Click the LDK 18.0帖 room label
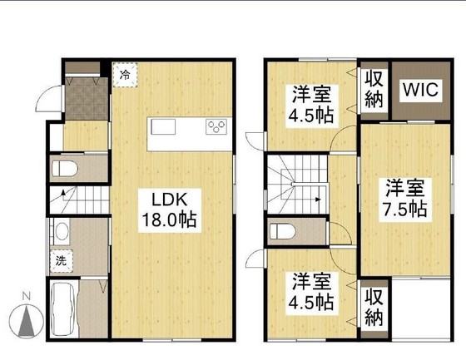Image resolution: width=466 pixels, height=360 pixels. pyautogui.click(x=170, y=210)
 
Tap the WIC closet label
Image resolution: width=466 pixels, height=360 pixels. pyautogui.click(x=420, y=90)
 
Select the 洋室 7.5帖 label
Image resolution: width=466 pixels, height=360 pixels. pyautogui.click(x=404, y=199)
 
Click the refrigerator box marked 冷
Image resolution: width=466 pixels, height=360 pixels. pyautogui.click(x=125, y=75)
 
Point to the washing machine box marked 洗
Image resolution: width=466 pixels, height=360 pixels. pyautogui.click(x=62, y=261)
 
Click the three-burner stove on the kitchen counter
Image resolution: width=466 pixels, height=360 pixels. pyautogui.click(x=216, y=126)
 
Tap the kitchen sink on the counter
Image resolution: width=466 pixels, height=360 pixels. pyautogui.click(x=163, y=127)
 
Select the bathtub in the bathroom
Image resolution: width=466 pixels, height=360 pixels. pyautogui.click(x=64, y=309)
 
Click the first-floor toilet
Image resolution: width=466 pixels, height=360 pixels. pyautogui.click(x=65, y=169)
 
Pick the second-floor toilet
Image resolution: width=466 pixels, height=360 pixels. pyautogui.click(x=282, y=231)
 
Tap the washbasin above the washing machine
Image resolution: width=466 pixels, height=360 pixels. pyautogui.click(x=62, y=231)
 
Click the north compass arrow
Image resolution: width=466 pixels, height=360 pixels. pyautogui.click(x=27, y=322)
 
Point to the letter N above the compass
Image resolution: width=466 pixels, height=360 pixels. pyautogui.click(x=27, y=296)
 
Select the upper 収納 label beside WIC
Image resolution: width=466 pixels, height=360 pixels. pyautogui.click(x=374, y=90)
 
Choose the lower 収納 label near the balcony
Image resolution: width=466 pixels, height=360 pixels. pyautogui.click(x=374, y=307)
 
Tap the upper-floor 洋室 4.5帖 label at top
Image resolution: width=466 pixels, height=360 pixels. pyautogui.click(x=311, y=105)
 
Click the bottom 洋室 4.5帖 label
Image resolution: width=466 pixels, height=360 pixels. pyautogui.click(x=311, y=293)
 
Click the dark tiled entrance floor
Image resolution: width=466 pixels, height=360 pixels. pyautogui.click(x=87, y=99)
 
